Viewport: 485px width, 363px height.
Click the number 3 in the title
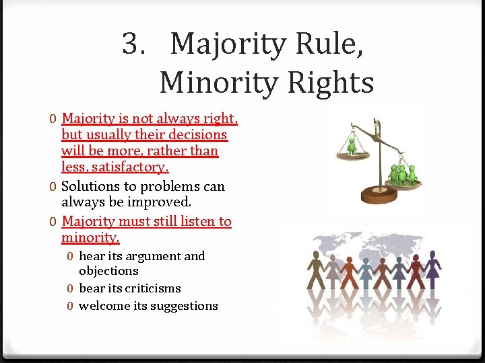coord(131,45)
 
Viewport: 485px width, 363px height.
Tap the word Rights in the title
coord(334,83)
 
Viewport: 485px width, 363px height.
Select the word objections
coord(108,271)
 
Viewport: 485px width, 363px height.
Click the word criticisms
coord(148,288)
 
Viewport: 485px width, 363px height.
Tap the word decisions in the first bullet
coord(195,134)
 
